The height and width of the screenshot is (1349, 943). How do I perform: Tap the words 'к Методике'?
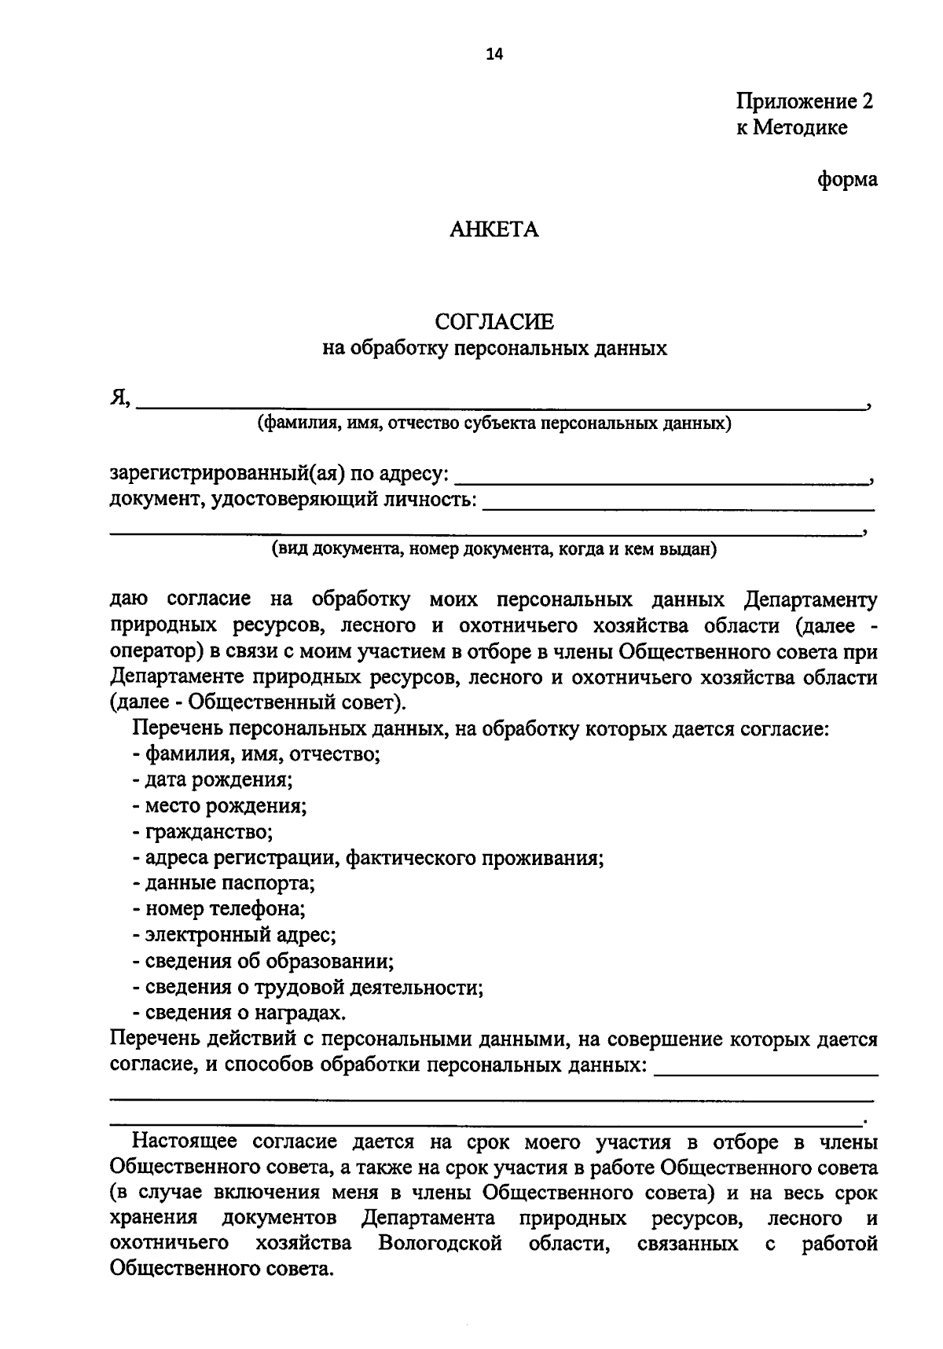tap(791, 127)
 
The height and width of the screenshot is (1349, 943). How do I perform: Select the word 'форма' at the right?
tap(847, 179)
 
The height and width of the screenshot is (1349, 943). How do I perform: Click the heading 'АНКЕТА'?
tap(494, 229)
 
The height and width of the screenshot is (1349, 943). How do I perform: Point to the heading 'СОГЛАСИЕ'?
tap(494, 322)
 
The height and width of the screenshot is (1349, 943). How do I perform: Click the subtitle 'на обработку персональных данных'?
tap(494, 348)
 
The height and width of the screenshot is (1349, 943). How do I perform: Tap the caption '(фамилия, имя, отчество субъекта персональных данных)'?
tap(494, 424)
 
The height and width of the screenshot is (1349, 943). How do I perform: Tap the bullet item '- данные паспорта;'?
tap(223, 883)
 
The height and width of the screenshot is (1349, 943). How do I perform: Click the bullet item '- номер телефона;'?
tap(218, 909)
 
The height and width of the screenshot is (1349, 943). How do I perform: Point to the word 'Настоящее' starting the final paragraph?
tap(185, 1141)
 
